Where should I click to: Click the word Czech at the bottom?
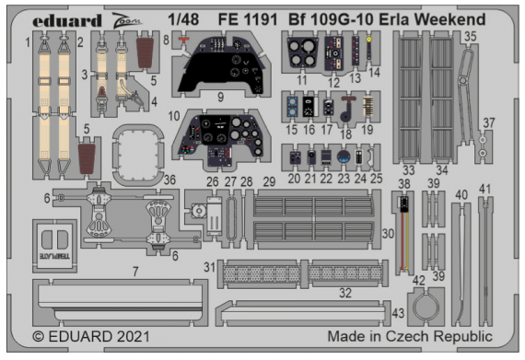point(411,337)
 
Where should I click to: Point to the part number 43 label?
point(399,312)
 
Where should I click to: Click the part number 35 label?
point(470,38)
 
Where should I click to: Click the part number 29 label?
point(270,181)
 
